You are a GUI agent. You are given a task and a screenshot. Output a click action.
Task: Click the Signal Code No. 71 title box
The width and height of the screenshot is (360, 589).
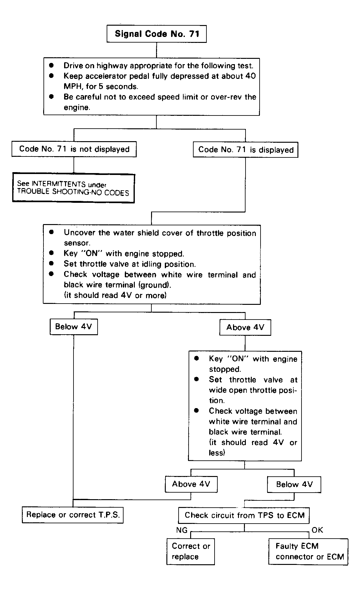[x=156, y=34]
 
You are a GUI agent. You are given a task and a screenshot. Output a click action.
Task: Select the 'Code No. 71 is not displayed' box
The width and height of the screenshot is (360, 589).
[x=74, y=149]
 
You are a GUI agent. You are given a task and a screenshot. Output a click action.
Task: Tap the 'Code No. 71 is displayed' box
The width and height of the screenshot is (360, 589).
[x=246, y=150]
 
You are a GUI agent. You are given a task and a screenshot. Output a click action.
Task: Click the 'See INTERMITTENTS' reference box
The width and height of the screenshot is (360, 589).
[x=74, y=188]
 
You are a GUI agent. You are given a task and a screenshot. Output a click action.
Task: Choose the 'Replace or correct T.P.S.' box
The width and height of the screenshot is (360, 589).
[x=73, y=515]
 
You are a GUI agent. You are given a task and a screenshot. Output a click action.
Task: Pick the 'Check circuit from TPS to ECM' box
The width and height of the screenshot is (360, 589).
[x=244, y=515]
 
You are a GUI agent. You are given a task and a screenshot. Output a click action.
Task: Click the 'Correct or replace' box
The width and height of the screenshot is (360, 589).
[x=190, y=551]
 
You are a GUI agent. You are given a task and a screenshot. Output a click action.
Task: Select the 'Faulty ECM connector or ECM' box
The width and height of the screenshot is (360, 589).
[x=308, y=551]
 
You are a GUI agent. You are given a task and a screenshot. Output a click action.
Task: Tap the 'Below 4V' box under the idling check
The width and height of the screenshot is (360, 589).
[x=74, y=327]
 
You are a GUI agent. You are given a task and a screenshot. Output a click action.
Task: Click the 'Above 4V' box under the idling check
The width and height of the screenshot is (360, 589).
[x=245, y=327]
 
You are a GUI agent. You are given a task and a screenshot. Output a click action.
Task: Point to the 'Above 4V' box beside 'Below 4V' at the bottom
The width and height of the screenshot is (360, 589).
[x=191, y=484]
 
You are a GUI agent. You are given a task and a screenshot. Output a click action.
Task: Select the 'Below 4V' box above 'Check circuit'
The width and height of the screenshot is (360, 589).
[x=294, y=485]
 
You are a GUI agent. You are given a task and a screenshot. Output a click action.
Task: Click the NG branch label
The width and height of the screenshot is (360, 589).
[x=182, y=530]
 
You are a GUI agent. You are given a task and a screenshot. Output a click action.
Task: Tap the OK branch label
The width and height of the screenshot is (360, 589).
[x=317, y=530]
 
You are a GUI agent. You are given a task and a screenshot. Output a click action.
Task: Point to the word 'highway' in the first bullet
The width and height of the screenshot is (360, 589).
[x=112, y=66]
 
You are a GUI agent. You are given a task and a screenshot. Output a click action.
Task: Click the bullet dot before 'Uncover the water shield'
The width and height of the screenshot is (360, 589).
[x=52, y=232]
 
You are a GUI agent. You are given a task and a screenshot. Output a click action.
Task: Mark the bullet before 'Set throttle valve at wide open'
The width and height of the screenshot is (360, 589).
[x=196, y=379]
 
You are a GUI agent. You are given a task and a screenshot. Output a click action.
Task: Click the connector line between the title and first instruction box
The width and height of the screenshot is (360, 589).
[x=156, y=50]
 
